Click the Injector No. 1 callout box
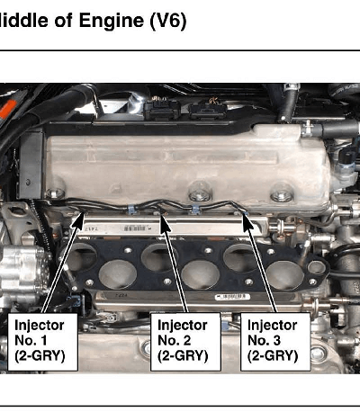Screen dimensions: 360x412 click(x=42, y=342)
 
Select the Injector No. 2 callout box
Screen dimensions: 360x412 click(x=185, y=342)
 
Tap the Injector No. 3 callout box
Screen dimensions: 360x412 click(x=275, y=342)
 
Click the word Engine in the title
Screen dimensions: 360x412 click(x=112, y=21)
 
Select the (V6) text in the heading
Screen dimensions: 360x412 click(x=168, y=22)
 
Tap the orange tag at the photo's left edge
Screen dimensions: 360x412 click(x=7, y=109)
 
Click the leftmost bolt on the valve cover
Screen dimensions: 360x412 click(x=56, y=193)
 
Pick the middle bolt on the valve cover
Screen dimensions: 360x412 click(x=201, y=195)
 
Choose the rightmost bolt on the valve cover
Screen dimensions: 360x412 click(x=282, y=196)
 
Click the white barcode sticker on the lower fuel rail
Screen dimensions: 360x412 click(x=232, y=297)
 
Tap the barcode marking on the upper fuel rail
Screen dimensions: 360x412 click(x=136, y=228)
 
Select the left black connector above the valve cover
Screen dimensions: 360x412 click(x=162, y=110)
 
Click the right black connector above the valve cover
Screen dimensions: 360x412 click(x=208, y=111)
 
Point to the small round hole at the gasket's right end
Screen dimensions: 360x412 click(x=316, y=268)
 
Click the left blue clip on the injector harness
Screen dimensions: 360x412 click(x=131, y=210)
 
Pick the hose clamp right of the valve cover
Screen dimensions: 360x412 click(x=307, y=130)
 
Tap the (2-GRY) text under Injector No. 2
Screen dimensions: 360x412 click(x=183, y=356)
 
